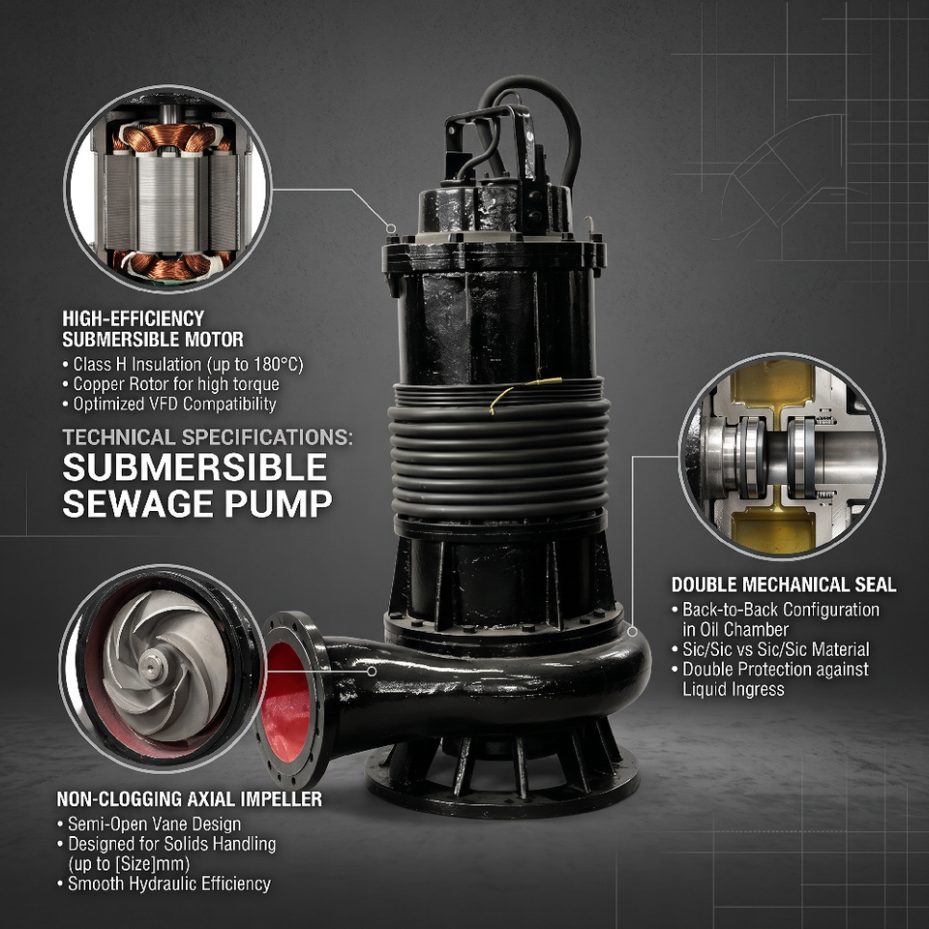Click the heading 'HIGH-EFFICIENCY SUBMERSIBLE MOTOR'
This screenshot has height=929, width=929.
[153, 329]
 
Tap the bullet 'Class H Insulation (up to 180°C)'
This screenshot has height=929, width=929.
[183, 365]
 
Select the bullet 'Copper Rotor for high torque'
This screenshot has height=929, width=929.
[171, 384]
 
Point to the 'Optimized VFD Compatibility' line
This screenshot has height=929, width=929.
[169, 405]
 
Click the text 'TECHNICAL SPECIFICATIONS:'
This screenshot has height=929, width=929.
[207, 437]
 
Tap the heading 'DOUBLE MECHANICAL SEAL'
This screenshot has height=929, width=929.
[783, 584]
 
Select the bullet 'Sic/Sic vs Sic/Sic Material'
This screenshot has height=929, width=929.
[771, 649]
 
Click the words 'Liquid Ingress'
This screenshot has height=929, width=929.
[734, 689]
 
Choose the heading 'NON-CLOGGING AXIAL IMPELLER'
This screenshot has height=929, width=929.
[189, 798]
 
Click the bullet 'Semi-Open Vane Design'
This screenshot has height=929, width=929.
[149, 824]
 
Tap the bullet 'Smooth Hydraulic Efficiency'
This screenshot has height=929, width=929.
[165, 884]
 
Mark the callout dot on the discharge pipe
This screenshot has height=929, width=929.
[372, 672]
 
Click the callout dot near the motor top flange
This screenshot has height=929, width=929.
[390, 228]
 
